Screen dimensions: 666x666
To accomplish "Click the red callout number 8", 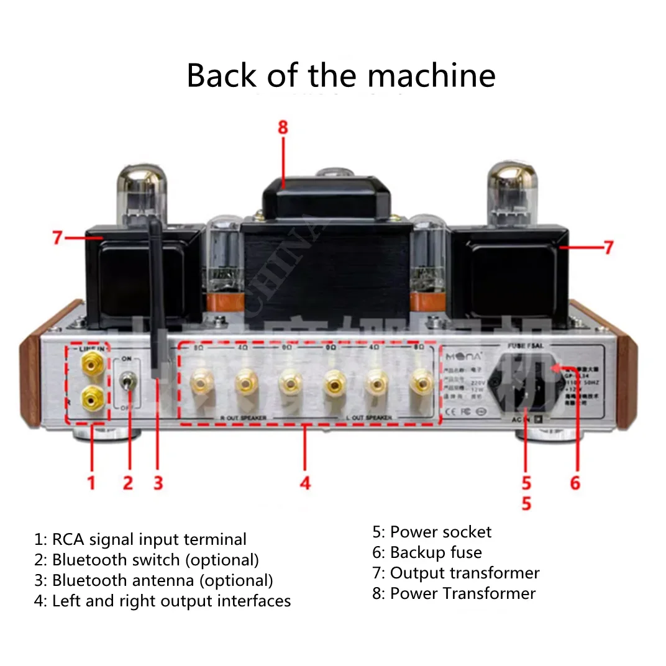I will (x=283, y=127).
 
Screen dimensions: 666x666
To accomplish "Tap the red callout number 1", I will (x=91, y=482).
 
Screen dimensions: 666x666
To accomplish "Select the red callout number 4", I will (x=304, y=482).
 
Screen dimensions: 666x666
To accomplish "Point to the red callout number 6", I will (x=575, y=482).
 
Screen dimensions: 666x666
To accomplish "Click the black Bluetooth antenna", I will (x=156, y=298).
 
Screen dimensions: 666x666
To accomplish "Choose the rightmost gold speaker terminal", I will (x=421, y=381).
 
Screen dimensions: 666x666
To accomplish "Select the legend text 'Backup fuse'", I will (x=435, y=552).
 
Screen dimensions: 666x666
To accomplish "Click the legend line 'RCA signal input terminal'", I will (x=148, y=539).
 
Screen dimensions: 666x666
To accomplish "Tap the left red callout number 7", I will (x=58, y=237).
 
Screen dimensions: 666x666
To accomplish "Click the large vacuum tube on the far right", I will (x=512, y=193).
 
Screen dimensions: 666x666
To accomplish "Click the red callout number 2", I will (x=128, y=482).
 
